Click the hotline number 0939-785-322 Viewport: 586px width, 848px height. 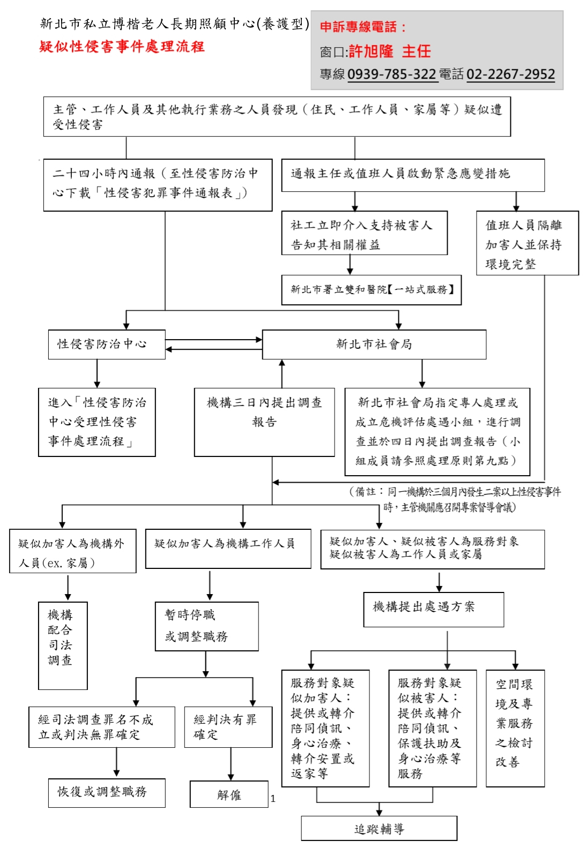(391, 74)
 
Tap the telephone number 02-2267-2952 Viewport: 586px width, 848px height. (510, 74)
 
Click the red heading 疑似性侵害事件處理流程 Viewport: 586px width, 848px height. (122, 47)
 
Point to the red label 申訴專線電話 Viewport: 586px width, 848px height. (362, 27)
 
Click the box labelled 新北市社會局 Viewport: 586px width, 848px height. (374, 344)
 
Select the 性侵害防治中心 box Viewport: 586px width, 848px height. (106, 344)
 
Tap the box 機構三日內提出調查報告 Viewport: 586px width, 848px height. (264, 422)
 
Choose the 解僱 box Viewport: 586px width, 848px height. (229, 794)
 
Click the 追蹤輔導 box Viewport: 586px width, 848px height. (379, 829)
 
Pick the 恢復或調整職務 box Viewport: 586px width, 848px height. (106, 792)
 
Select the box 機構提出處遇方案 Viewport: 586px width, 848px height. (433, 609)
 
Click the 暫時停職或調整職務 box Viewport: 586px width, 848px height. (206, 626)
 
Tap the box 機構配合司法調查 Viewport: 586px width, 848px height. (62, 645)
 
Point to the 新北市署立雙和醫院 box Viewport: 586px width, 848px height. (371, 290)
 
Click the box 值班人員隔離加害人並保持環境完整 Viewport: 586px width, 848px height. (527, 243)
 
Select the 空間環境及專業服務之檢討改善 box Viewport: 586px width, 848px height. (515, 727)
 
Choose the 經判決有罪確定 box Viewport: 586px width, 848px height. (228, 727)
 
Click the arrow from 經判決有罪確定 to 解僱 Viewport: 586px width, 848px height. (231, 764)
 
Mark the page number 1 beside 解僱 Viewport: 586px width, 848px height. (273, 799)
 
